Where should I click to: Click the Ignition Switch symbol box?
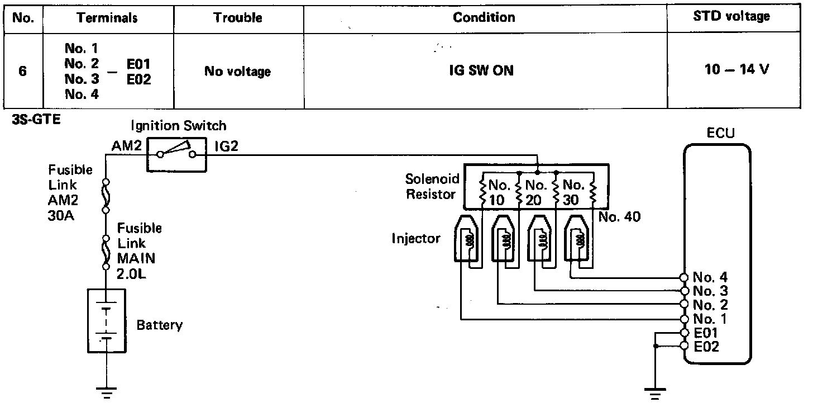coord(177,153)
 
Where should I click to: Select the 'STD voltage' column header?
coord(731,17)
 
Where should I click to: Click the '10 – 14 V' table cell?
coord(737,71)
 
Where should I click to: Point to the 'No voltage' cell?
coord(237,72)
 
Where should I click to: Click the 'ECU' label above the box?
coord(720,134)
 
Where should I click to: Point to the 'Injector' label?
coord(416,239)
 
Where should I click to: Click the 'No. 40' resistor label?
coord(619,217)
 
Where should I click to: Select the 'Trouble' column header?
coord(238,17)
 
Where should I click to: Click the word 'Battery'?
coord(160,325)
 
